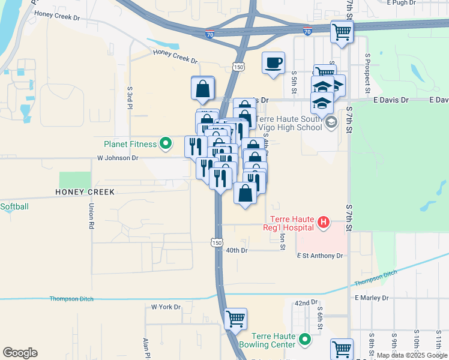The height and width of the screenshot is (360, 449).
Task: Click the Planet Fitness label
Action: click(130, 144)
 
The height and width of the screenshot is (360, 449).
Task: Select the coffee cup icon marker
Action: click(274, 63)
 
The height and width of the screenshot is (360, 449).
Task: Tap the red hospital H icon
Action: click(324, 223)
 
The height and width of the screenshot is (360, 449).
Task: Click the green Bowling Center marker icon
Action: click(306, 340)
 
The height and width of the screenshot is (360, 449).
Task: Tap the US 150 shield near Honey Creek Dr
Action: click(239, 67)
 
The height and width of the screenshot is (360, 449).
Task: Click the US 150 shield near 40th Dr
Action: click(217, 242)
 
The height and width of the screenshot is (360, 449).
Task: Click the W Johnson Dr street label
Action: click(118, 158)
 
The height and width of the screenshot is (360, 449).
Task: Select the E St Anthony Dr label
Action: click(320, 256)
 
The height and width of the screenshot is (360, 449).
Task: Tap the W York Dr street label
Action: click(166, 307)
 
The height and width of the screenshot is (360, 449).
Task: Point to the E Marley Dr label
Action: click(373, 298)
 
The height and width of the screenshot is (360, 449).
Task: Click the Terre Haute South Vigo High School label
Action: click(289, 123)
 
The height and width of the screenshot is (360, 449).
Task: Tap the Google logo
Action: click(20, 353)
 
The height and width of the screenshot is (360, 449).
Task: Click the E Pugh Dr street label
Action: click(402, 3)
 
